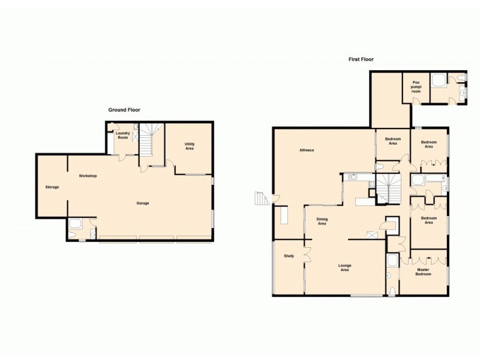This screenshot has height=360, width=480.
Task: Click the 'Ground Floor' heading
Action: pyautogui.click(x=124, y=110)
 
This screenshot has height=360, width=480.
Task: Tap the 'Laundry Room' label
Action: pyautogui.click(x=123, y=135)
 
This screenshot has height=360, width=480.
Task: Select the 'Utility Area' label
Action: pyautogui.click(x=189, y=146)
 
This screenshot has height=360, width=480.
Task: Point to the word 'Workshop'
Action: pyautogui.click(x=88, y=176)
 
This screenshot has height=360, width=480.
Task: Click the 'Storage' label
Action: pyautogui.click(x=52, y=187)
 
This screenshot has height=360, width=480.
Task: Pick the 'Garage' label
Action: pyautogui.click(x=143, y=203)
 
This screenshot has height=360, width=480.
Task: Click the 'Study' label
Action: pyautogui.click(x=289, y=256)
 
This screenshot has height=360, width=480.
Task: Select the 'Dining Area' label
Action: pyautogui.click(x=322, y=222)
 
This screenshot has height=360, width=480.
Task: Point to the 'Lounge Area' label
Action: pyautogui.click(x=344, y=267)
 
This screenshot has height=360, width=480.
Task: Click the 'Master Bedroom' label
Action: pyautogui.click(x=424, y=272)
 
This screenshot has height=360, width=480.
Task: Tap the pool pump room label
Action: pyautogui.click(x=415, y=86)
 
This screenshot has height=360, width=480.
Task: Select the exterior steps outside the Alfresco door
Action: pyautogui.click(x=259, y=198)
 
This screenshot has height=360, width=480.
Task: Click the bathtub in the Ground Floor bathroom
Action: pyautogui.click(x=76, y=226)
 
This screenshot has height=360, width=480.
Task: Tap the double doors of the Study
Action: pyautogui.click(x=307, y=254)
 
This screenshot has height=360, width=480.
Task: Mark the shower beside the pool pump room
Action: pyautogui.click(x=437, y=80)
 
